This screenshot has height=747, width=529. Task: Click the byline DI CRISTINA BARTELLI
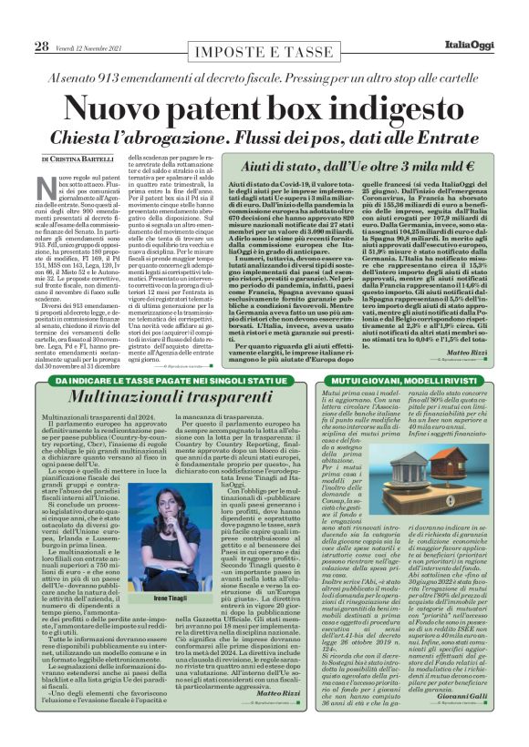(77, 159)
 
